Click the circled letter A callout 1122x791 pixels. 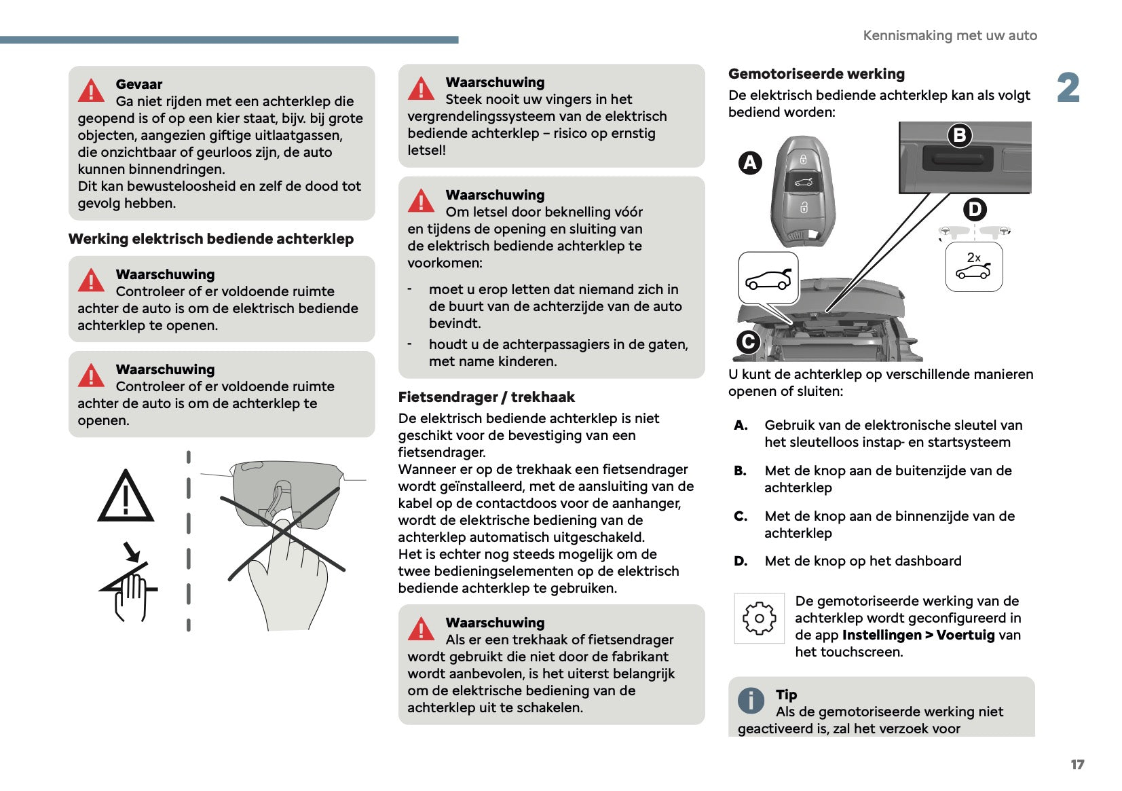click(x=750, y=163)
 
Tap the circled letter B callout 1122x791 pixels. click(x=960, y=135)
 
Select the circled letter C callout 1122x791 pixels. click(x=748, y=342)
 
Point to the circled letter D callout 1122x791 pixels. click(x=975, y=209)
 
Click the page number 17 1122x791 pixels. click(x=1077, y=765)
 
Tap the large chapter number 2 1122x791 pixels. click(x=1068, y=88)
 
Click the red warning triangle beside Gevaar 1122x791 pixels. click(x=92, y=90)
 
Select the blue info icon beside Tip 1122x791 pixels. click(x=751, y=700)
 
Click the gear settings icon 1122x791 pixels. click(x=759, y=618)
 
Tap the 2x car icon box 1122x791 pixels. click(x=974, y=267)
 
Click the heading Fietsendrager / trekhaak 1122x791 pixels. click(x=486, y=397)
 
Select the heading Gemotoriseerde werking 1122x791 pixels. click(x=816, y=74)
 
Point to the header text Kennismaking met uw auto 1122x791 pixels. click(x=950, y=35)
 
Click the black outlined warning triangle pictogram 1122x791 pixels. click(x=126, y=497)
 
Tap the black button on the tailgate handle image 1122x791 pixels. click(x=958, y=160)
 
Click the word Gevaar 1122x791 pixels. click(x=139, y=84)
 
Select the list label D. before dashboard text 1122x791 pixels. click(x=741, y=561)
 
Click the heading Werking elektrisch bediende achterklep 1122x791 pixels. click(x=211, y=239)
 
